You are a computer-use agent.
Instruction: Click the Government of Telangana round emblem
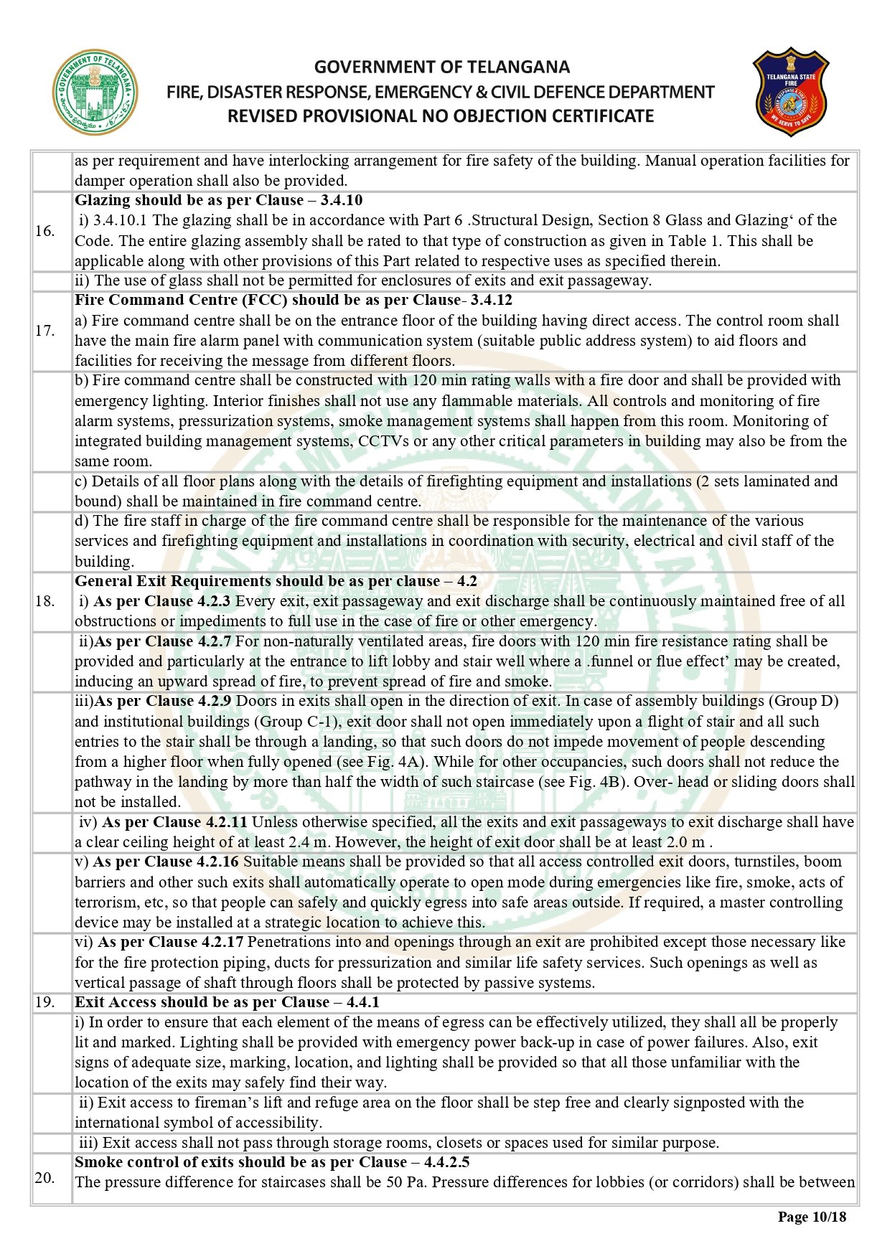click(95, 93)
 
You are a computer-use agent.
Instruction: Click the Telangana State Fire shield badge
click(790, 92)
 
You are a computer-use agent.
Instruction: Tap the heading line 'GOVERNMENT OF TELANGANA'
click(441, 67)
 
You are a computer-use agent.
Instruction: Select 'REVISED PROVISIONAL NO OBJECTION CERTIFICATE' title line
click(441, 116)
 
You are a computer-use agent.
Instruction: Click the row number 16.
click(44, 231)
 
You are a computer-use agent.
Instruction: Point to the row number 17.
click(44, 331)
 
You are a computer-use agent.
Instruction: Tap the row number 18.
click(44, 601)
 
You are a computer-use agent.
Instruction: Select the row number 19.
click(44, 1002)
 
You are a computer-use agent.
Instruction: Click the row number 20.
click(44, 1177)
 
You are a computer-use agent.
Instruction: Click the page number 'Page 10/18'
click(812, 1217)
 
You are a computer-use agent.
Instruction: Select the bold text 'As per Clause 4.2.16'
click(166, 862)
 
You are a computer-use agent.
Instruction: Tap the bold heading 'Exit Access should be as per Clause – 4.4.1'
click(227, 1002)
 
